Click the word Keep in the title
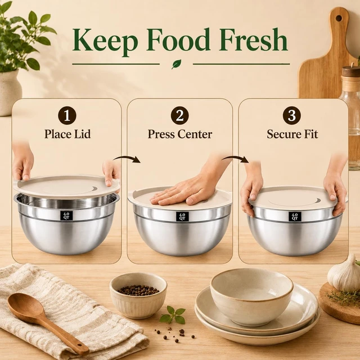tap(105, 41)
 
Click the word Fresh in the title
tap(253, 39)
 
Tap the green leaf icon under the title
tap(176, 64)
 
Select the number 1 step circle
tap(67, 115)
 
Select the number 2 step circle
tap(180, 115)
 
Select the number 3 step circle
tap(292, 115)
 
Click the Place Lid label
tap(67, 134)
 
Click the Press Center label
tap(180, 134)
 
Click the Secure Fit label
tap(292, 134)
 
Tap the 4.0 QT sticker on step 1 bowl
tap(67, 215)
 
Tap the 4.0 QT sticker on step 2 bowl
tap(182, 217)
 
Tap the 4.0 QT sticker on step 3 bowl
tap(295, 217)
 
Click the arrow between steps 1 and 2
tap(127, 159)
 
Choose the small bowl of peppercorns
tap(138, 295)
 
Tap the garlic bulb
tap(345, 273)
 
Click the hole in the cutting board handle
tap(339, 18)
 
